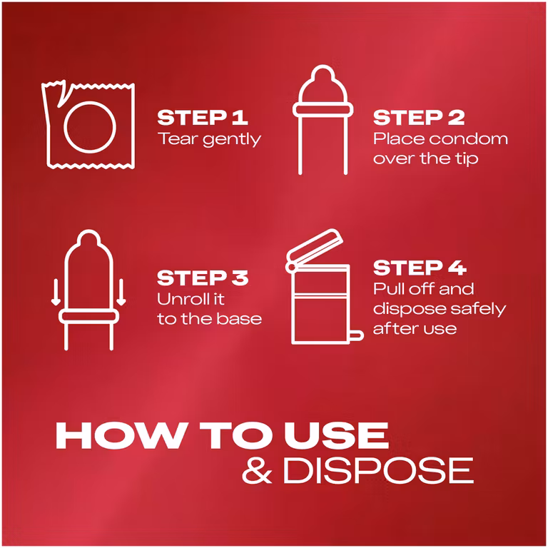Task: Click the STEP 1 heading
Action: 203,118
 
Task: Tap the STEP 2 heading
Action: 419,118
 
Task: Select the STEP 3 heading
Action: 203,278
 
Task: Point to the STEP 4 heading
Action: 420,268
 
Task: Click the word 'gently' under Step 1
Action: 232,140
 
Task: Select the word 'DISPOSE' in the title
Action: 378,470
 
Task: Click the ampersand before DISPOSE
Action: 257,470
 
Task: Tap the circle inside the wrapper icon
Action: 90,101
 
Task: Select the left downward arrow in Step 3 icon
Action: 56,292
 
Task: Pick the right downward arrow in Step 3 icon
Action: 121,292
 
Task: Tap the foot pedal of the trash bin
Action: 356,335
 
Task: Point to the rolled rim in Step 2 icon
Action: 323,110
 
